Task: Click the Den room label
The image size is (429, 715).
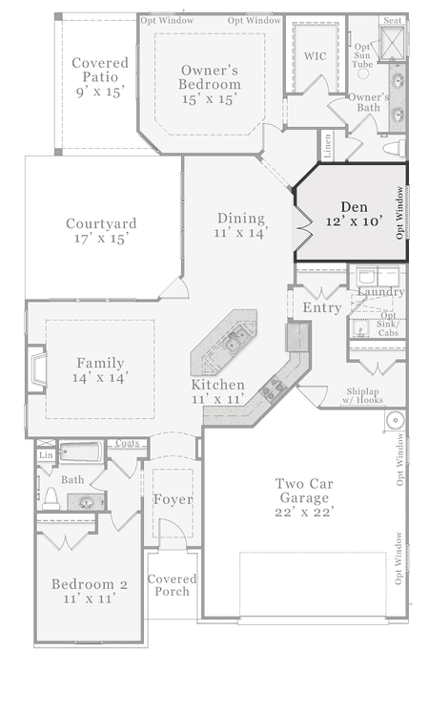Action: tap(354, 214)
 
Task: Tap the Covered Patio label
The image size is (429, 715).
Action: tap(100, 76)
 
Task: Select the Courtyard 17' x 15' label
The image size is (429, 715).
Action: tap(101, 231)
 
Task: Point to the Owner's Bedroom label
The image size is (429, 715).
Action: tap(210, 84)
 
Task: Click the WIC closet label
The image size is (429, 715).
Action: tap(316, 56)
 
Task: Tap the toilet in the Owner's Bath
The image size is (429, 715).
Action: tap(395, 148)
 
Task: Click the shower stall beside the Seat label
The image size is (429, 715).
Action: tap(392, 42)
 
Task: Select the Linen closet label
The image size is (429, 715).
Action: tap(327, 146)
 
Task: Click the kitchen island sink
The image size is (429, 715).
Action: tap(237, 341)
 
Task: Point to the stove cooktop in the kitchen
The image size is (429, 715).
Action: tap(274, 389)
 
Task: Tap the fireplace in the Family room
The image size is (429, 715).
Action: tap(37, 369)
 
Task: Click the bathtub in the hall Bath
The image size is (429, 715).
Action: tap(81, 452)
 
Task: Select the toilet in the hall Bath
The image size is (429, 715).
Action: tap(51, 499)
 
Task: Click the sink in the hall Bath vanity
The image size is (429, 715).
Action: tap(86, 502)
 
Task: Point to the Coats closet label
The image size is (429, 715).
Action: tap(127, 443)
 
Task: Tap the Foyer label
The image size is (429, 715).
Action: tap(173, 499)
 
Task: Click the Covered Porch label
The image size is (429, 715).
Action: tap(172, 585)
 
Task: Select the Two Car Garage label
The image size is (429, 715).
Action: tap(304, 497)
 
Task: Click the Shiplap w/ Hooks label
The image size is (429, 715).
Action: tap(362, 396)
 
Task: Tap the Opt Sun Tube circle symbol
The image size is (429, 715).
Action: tap(362, 74)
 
